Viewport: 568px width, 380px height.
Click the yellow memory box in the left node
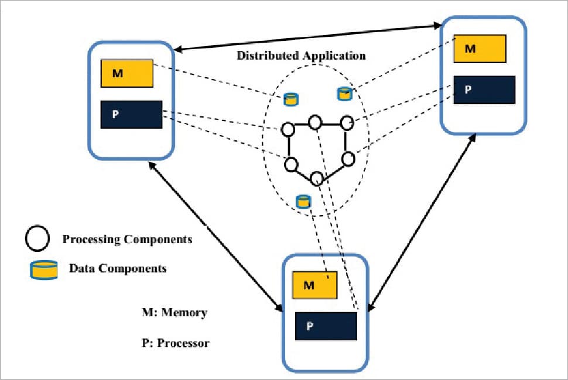click(127, 73)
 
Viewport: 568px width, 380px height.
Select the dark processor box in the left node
click(131, 115)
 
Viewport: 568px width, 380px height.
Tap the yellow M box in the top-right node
click(480, 49)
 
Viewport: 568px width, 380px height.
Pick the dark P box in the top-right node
click(484, 90)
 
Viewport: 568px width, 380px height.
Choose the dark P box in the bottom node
click(326, 326)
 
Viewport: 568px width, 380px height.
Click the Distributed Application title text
click(301, 56)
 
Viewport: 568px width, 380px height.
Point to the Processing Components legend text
click(127, 239)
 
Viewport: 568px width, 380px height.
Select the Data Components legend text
click(118, 268)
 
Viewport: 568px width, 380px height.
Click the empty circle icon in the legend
click(37, 239)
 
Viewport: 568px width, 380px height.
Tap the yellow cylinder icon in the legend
click(44, 270)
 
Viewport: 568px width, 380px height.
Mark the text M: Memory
click(174, 313)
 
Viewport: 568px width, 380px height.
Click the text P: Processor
click(175, 343)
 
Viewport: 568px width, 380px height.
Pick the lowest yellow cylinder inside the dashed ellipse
click(303, 202)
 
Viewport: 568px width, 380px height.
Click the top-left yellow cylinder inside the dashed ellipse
click(290, 99)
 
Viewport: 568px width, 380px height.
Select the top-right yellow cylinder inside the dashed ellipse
click(344, 93)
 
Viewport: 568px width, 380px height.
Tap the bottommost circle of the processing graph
click(317, 178)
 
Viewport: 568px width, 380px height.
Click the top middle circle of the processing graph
click(315, 122)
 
